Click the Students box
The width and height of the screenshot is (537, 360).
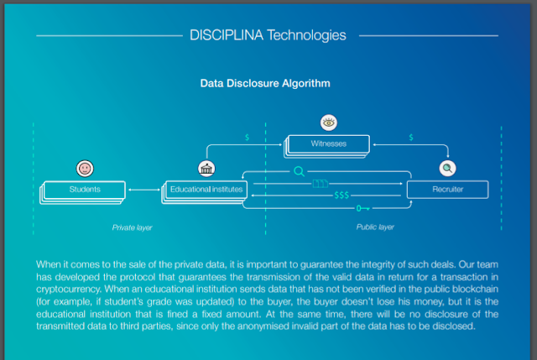84,190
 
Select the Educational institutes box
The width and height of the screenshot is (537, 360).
206,190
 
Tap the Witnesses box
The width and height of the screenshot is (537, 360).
328,143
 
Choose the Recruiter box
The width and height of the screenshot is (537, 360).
448,190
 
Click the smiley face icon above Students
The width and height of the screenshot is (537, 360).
84,168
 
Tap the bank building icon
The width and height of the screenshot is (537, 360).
206,168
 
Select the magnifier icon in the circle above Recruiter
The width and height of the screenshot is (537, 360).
448,168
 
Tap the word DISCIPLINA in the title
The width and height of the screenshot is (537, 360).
227,35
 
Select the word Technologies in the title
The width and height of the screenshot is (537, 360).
307,35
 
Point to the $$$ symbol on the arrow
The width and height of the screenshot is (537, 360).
341,196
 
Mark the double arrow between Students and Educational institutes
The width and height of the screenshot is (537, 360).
144,190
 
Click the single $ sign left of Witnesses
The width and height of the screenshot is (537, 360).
246,136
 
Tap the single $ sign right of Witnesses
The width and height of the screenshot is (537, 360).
410,136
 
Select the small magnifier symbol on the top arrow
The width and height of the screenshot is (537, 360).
299,171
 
